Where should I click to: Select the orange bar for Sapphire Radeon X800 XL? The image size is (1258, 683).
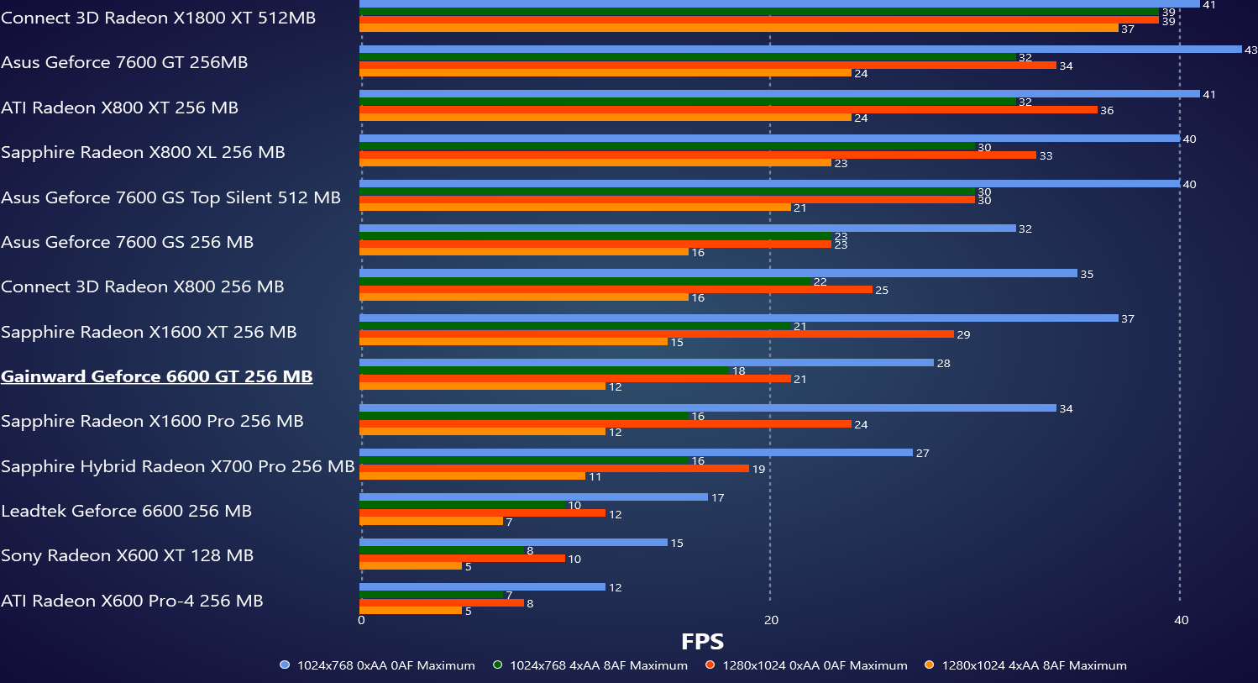pyautogui.click(x=595, y=163)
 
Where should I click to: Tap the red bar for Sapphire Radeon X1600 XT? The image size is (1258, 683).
pyautogui.click(x=655, y=334)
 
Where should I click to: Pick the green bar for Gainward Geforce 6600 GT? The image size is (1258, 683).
pyautogui.click(x=544, y=370)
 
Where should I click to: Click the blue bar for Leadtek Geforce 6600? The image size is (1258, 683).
pyautogui.click(x=533, y=497)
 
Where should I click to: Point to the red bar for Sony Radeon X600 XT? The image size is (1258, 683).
pyautogui.click(x=462, y=559)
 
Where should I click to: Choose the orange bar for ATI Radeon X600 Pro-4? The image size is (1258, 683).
pyautogui.click(x=411, y=611)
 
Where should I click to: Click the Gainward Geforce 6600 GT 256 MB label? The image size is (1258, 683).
pyautogui.click(x=157, y=376)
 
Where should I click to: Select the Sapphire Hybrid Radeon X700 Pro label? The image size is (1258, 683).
pyautogui.click(x=177, y=466)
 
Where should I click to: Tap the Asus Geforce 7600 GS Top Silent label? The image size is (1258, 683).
pyautogui.click(x=170, y=197)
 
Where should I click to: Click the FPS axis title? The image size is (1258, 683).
pyautogui.click(x=702, y=642)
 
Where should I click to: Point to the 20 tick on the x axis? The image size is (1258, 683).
pyautogui.click(x=771, y=620)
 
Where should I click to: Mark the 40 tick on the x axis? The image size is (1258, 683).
pyautogui.click(x=1181, y=620)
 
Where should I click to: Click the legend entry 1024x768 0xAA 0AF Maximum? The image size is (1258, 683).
pyautogui.click(x=378, y=665)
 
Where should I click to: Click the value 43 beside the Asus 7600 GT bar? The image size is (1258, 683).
pyautogui.click(x=1250, y=50)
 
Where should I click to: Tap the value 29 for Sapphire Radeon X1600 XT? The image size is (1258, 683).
pyautogui.click(x=963, y=335)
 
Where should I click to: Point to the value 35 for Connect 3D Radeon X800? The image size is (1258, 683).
pyautogui.click(x=1087, y=275)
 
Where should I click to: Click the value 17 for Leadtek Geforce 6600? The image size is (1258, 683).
pyautogui.click(x=717, y=498)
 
